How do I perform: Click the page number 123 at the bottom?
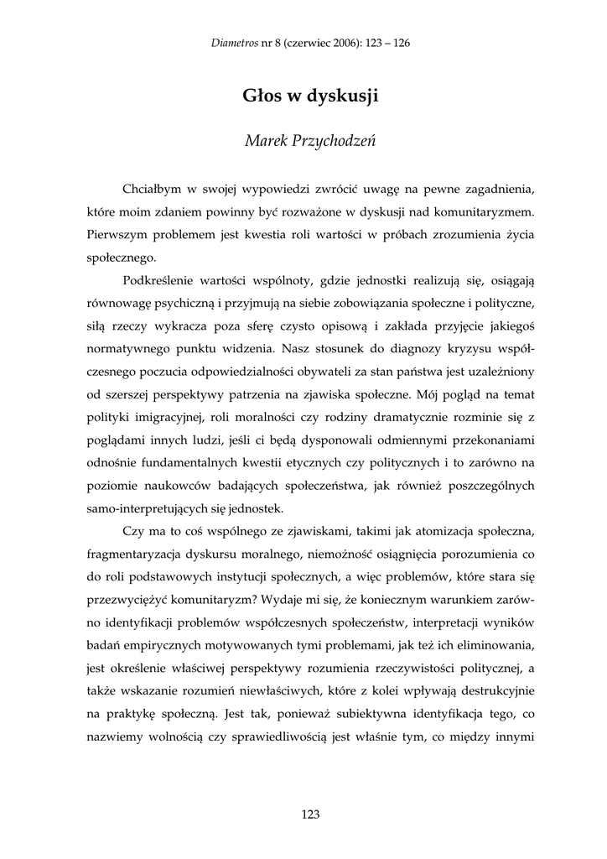(x=309, y=814)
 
